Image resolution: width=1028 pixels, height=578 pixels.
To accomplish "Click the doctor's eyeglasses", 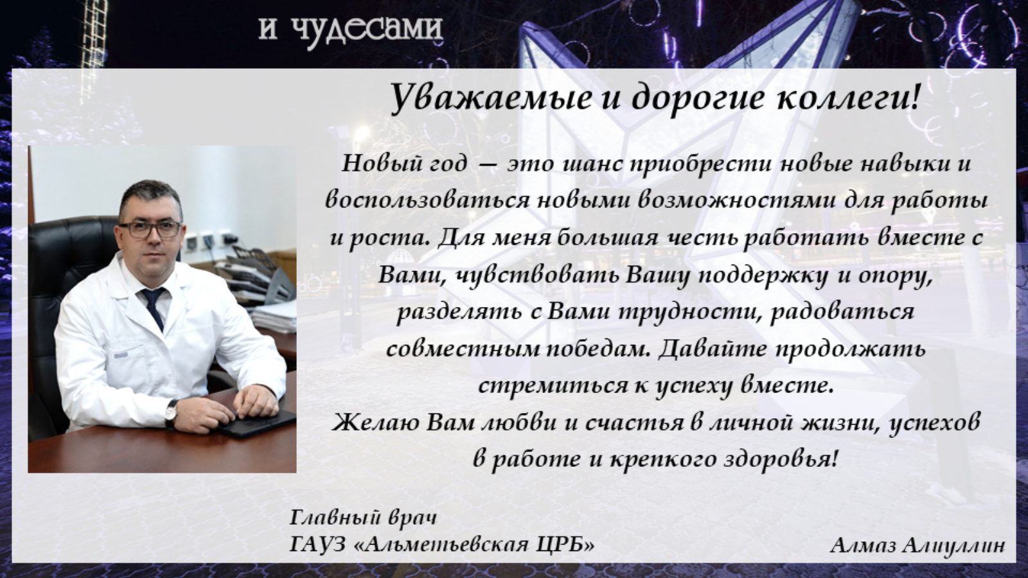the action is click(x=150, y=229).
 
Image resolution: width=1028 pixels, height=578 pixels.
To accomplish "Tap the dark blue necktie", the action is click(x=154, y=308).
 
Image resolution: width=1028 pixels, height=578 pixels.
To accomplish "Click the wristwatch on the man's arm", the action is click(x=171, y=413).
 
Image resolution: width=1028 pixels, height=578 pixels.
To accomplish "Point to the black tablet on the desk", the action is click(x=257, y=424).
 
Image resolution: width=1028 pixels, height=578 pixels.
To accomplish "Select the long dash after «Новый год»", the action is click(x=488, y=165).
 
